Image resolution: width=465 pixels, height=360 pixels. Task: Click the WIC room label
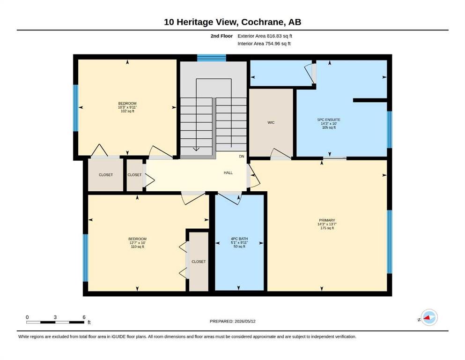click(271, 122)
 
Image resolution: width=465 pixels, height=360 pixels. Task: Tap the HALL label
click(228, 172)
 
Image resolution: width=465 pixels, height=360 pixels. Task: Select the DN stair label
click(242, 157)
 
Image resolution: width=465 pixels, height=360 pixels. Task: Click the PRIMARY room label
click(327, 220)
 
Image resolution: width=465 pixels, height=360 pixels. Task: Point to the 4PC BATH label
click(239, 239)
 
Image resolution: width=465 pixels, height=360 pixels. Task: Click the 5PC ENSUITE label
click(329, 120)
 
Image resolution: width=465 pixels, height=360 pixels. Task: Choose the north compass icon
click(429, 317)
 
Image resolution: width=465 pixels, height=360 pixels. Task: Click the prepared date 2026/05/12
click(245, 321)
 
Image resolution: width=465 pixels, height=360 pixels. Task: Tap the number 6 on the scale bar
click(84, 317)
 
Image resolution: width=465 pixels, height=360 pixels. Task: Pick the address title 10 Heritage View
click(201, 22)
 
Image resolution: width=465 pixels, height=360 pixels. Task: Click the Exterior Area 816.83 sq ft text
click(265, 36)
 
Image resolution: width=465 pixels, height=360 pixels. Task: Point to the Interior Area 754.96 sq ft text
click(264, 44)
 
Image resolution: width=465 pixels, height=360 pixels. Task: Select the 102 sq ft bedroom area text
click(127, 111)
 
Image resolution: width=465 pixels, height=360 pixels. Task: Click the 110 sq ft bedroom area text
click(137, 247)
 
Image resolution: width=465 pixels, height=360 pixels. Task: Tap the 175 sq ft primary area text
click(327, 228)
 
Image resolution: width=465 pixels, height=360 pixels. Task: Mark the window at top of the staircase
click(212, 58)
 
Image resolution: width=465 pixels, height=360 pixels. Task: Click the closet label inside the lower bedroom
click(199, 262)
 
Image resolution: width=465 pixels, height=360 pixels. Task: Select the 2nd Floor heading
click(221, 36)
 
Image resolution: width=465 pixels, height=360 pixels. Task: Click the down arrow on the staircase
click(196, 149)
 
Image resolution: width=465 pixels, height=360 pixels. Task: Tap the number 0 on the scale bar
click(27, 317)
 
